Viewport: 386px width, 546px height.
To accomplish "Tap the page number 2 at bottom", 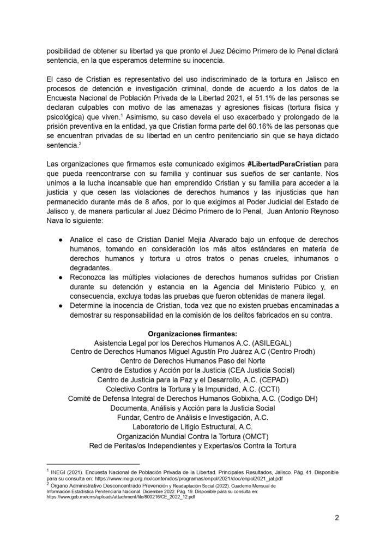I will pos(337,519).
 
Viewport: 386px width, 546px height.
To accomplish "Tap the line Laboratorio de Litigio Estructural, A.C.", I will pos(192,426).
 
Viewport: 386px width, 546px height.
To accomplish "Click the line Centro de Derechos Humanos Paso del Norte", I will pos(192,361).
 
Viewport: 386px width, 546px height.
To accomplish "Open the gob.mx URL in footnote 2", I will pos(125,497).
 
